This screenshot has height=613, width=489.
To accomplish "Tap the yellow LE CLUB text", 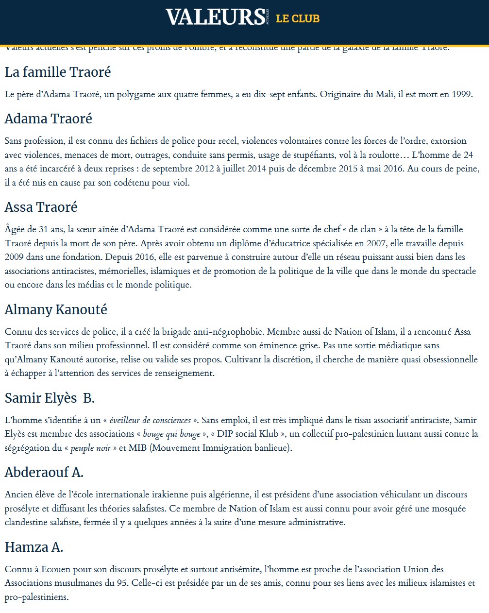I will point(298,18).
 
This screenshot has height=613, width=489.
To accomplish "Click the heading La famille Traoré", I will point(58,72).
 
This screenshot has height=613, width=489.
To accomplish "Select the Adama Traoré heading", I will point(48,119).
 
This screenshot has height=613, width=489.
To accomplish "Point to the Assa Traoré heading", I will point(41,207).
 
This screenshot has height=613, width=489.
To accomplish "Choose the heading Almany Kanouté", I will point(56,309).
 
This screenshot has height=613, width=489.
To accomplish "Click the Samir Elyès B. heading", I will point(50,398).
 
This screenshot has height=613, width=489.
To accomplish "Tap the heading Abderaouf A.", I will point(44,472).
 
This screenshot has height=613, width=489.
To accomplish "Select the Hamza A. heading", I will point(34,547).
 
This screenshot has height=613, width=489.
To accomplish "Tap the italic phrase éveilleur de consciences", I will point(150,420).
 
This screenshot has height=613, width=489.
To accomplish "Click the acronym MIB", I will point(138,448).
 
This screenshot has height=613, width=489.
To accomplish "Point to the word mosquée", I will point(448,509).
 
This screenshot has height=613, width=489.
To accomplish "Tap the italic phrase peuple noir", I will point(91,448).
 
